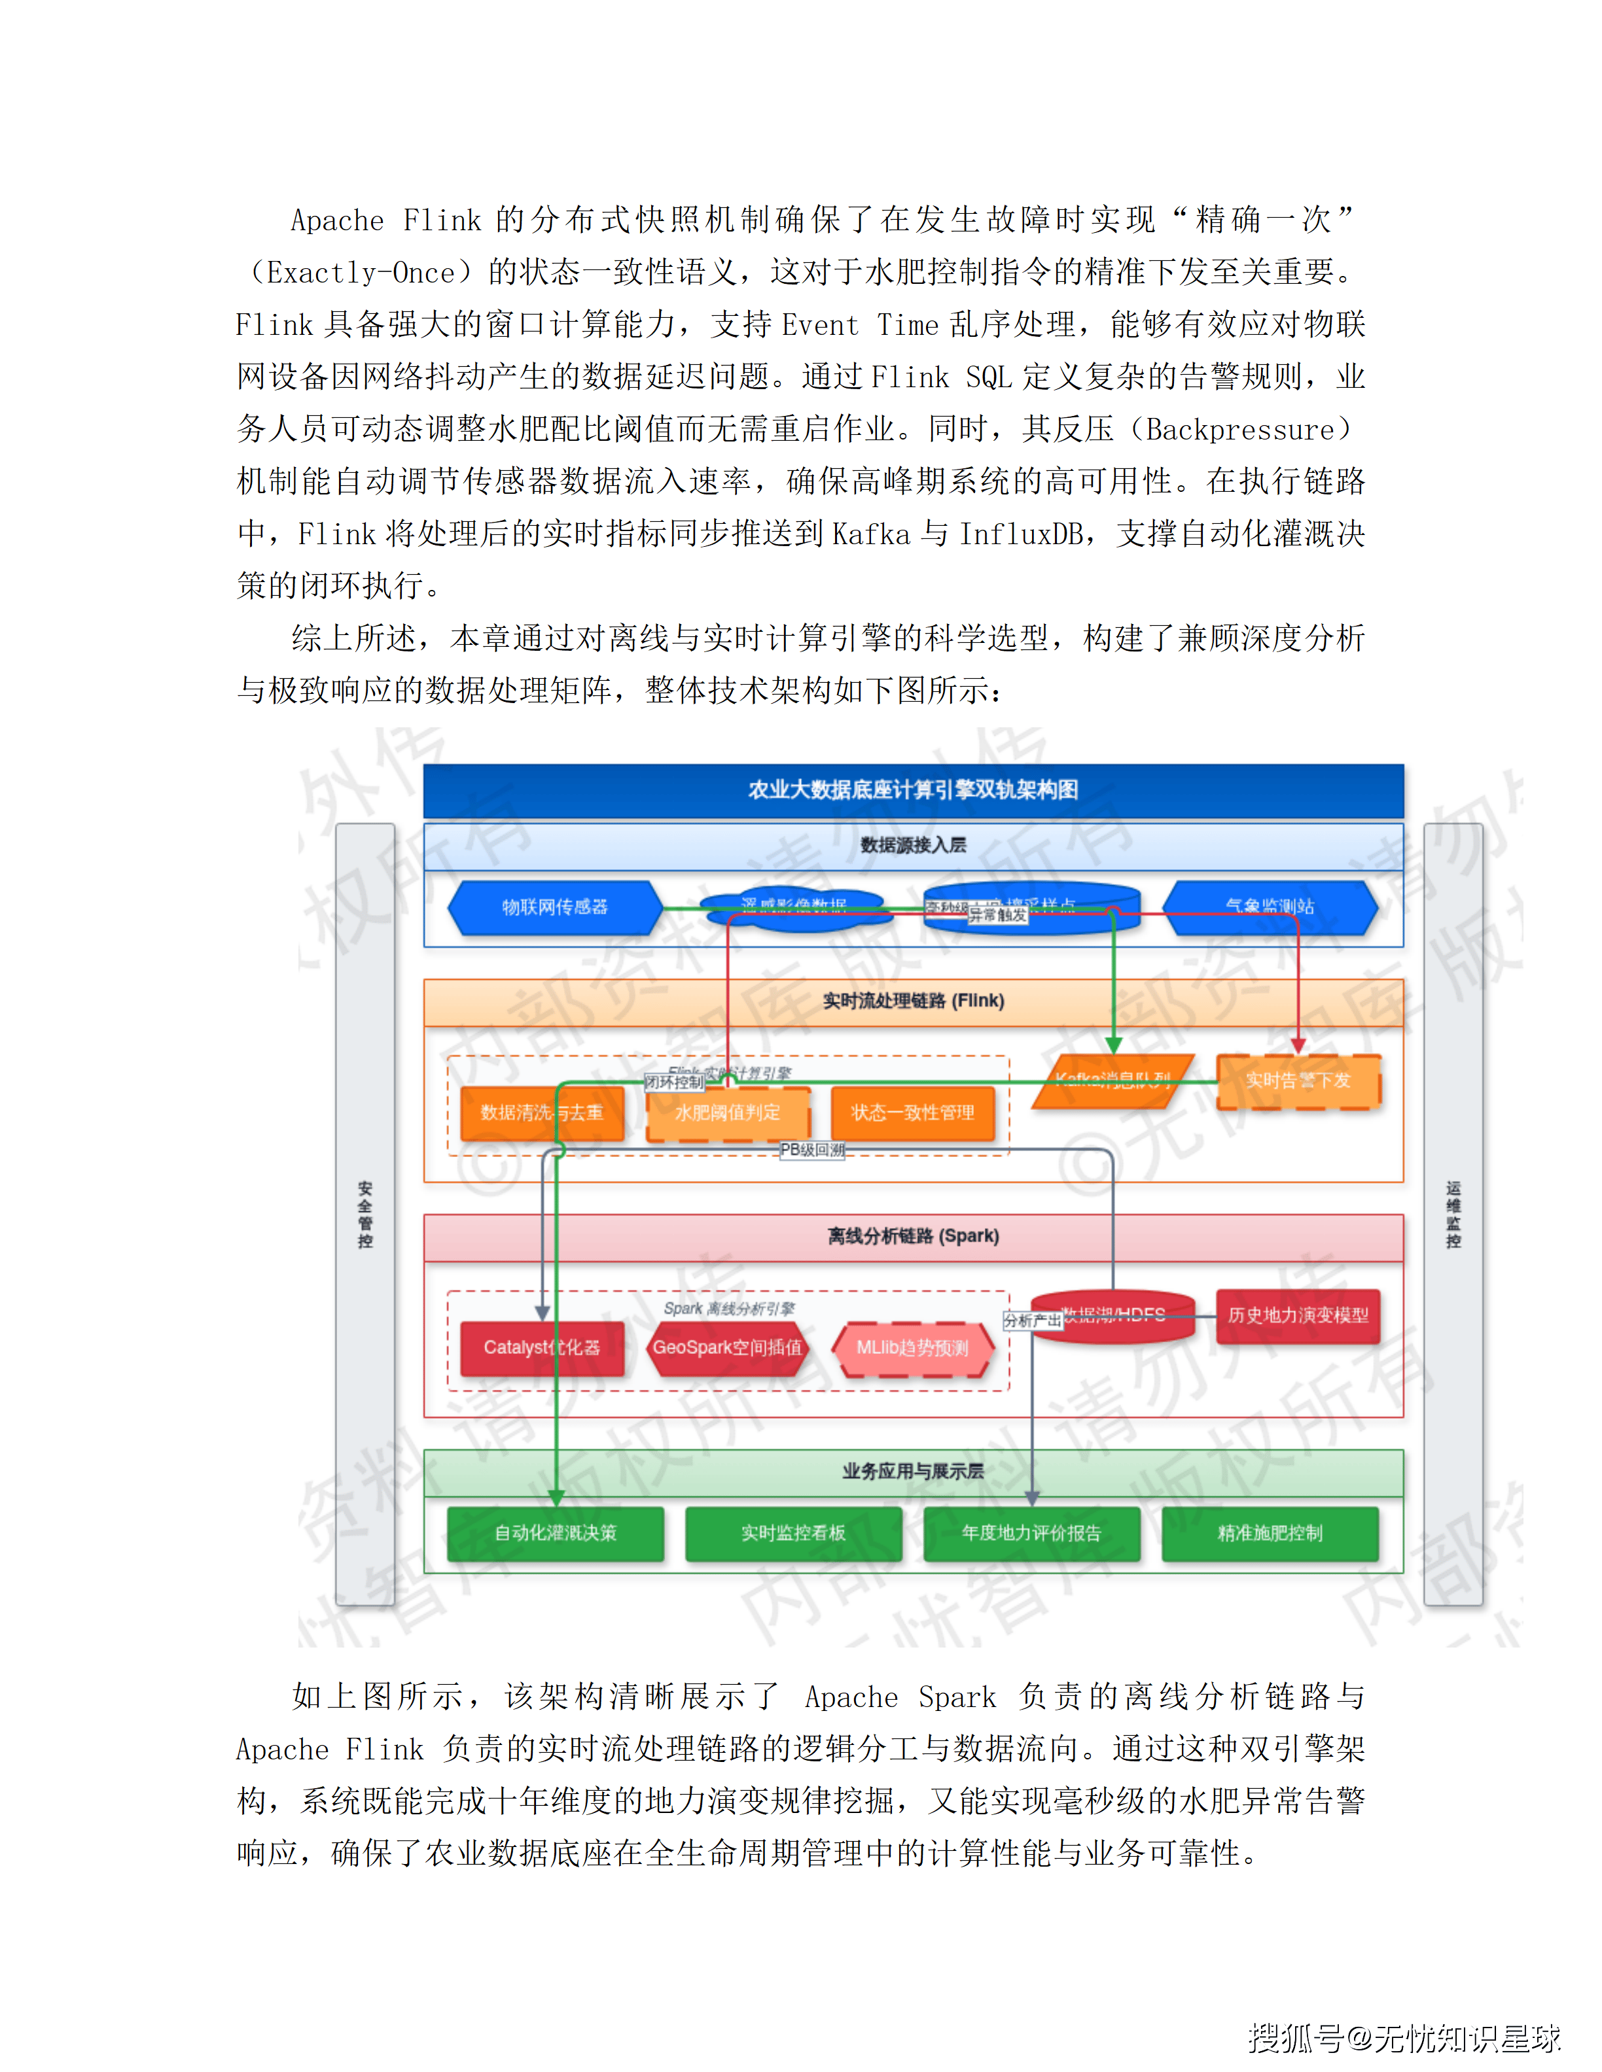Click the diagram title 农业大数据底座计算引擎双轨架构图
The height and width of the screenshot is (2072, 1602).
click(x=912, y=789)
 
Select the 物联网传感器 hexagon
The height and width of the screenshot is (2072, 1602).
click(x=554, y=907)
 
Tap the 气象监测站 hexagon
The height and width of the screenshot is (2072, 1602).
click(x=1270, y=907)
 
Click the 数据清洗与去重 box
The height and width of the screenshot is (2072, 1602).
click(x=541, y=1112)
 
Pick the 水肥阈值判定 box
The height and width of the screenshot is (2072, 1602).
click(x=727, y=1112)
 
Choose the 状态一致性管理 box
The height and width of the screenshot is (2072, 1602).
click(x=912, y=1112)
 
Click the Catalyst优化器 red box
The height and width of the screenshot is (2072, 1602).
click(x=541, y=1347)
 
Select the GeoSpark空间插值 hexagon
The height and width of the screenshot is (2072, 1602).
click(x=727, y=1347)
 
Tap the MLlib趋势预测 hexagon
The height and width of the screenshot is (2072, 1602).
click(x=912, y=1347)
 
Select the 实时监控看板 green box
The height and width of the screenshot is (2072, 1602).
click(x=793, y=1533)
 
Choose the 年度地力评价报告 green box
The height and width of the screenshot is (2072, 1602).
click(x=1031, y=1533)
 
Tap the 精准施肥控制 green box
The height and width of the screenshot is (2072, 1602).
click(x=1270, y=1533)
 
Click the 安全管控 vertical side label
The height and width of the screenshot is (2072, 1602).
click(x=365, y=1215)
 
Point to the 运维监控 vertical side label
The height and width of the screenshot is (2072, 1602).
click(x=1453, y=1215)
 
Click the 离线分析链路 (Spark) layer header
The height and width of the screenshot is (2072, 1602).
click(x=913, y=1236)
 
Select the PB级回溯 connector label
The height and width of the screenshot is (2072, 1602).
click(x=811, y=1150)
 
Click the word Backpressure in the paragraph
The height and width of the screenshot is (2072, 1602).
click(x=1239, y=430)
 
